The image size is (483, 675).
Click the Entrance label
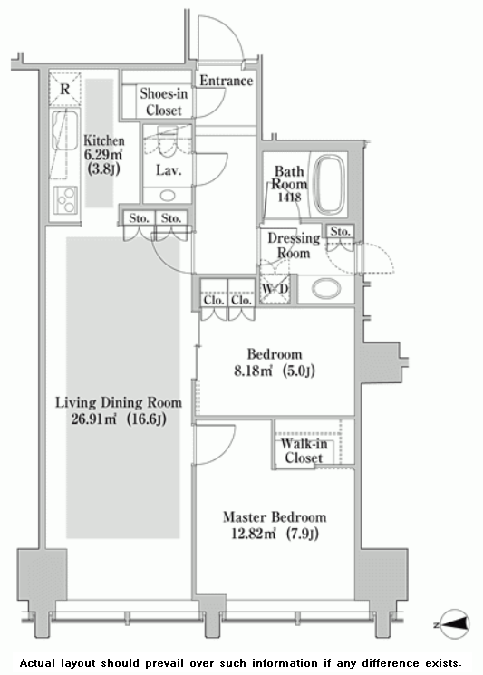[x=226, y=81]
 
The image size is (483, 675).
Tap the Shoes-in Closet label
[x=164, y=101]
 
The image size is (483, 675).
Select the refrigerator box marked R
[x=65, y=89]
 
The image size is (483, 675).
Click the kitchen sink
[x=64, y=130]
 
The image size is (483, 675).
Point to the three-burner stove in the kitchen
[x=65, y=199]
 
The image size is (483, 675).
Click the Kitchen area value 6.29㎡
[x=103, y=155]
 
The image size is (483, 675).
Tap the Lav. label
[x=169, y=170]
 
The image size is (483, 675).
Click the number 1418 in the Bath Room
[x=289, y=198]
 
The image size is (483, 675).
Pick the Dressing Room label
[x=294, y=245]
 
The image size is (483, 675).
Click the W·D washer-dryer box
[x=275, y=288]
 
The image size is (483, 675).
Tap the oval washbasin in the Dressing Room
[x=326, y=289]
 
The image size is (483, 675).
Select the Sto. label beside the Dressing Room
[x=340, y=232]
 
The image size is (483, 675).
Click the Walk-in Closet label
[x=304, y=450]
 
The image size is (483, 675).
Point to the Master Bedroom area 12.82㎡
[x=253, y=534]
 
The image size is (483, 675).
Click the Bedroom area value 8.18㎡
[x=253, y=371]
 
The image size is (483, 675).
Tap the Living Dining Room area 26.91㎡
[x=94, y=419]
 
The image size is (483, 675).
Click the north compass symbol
[x=453, y=623]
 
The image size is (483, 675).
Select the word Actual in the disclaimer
[x=37, y=663]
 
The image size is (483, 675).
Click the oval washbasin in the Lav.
[x=168, y=196]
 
